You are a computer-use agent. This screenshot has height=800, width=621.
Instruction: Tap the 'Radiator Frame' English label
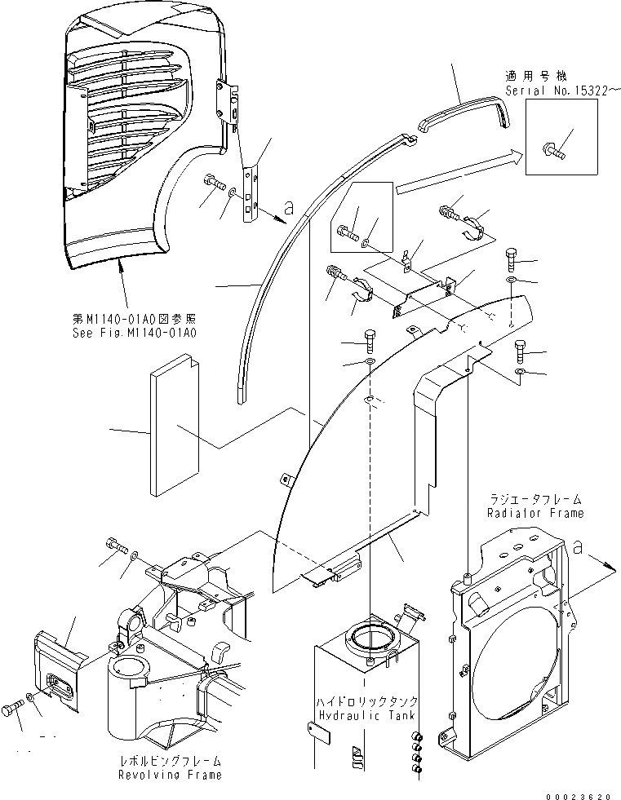pos(535,513)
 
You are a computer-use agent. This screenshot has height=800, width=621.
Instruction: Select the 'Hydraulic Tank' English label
pos(367,715)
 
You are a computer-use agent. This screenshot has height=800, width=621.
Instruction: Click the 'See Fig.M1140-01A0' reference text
pos(134,332)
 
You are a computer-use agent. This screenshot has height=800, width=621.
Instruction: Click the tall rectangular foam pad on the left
pos(174,424)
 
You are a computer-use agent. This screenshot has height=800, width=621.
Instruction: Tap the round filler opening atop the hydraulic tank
pos(370,634)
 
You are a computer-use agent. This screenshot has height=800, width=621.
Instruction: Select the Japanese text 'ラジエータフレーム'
pos(535,498)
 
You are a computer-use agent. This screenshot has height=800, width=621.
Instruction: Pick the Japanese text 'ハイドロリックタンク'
pos(367,701)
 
